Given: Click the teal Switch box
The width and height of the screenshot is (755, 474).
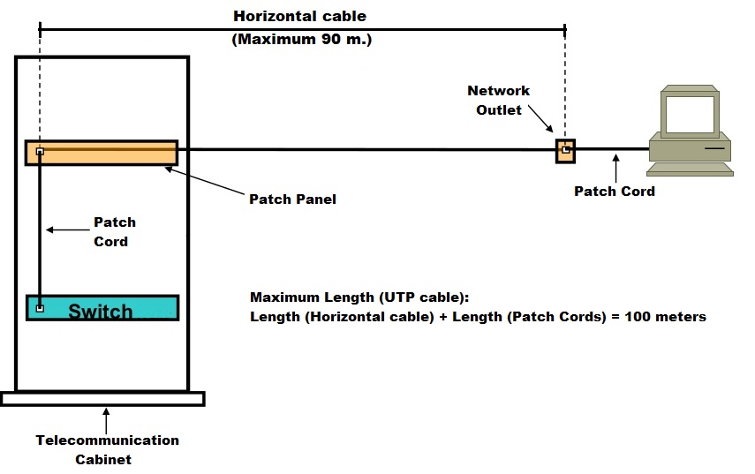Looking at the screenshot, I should click(x=102, y=308).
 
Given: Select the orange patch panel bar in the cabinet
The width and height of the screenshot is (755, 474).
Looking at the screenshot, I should click(x=102, y=153).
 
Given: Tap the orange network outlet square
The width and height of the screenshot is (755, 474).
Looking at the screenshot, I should click(x=564, y=150).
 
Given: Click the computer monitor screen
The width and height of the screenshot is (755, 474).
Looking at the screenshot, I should click(x=688, y=112).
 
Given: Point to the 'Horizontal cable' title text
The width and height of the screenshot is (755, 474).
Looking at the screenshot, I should click(x=299, y=16).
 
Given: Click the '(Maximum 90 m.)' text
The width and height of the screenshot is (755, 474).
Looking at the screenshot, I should click(x=301, y=40).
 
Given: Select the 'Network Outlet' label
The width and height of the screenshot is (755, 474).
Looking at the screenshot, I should click(x=498, y=100).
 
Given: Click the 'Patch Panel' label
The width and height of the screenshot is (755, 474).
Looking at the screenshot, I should click(x=292, y=199).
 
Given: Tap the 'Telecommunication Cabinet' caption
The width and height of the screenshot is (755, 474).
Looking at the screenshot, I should click(x=107, y=449).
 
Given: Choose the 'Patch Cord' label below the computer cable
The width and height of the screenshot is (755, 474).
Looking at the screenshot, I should click(x=614, y=191).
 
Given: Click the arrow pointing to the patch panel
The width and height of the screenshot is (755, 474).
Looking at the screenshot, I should click(x=203, y=184).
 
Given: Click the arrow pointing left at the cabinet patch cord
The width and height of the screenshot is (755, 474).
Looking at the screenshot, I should click(x=66, y=230).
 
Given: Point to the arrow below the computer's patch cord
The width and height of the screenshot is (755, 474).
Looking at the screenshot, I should click(x=615, y=167).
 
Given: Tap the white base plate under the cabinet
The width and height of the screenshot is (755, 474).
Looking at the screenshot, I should click(x=102, y=398).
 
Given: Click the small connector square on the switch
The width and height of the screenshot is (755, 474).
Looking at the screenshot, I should click(x=40, y=308).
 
